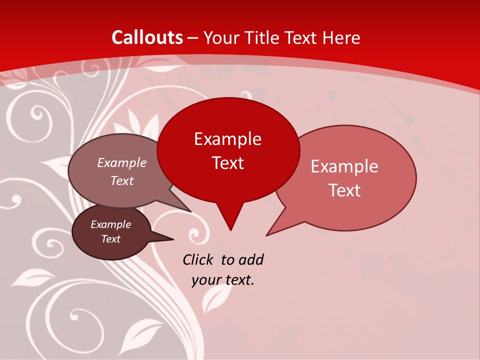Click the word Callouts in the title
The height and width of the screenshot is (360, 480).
coord(147,37)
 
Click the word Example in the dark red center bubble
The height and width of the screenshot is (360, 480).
coord(228,139)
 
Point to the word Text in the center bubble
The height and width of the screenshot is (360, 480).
coord(228,163)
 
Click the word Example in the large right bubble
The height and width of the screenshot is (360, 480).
coord(344,166)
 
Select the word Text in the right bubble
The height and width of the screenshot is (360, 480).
coord(344,190)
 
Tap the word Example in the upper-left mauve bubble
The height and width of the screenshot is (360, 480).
coord(122,162)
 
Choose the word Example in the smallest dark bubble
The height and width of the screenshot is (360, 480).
coord(110,224)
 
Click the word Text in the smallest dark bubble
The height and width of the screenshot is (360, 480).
coord(110,239)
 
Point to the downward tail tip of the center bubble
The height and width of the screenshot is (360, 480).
coord(230,229)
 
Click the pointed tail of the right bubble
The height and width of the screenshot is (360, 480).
coord(267,234)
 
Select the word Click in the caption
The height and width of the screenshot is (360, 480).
coord(198,259)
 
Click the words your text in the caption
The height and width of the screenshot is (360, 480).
coord(223,280)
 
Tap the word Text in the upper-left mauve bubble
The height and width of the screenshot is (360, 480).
coord(122,180)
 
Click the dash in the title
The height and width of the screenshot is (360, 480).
coord(193,37)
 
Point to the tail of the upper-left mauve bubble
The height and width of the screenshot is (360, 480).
coord(190,211)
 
